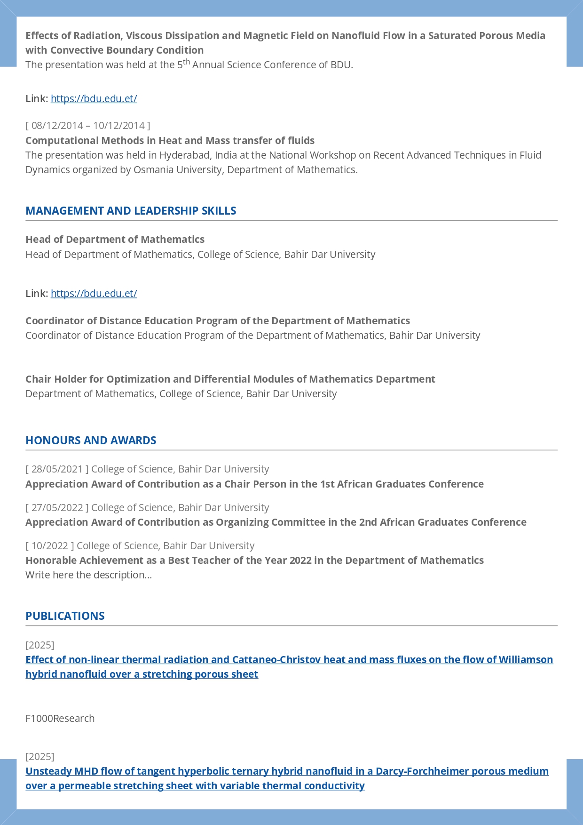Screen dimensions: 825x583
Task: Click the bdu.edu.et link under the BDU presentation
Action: click(x=94, y=99)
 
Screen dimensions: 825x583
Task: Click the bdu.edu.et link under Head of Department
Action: click(x=94, y=294)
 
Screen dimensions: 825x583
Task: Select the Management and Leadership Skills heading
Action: click(x=131, y=211)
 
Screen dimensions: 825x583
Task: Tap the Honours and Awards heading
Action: click(x=91, y=441)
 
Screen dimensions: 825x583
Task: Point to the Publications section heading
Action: click(x=65, y=616)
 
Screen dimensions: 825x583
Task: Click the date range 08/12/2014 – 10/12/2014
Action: click(x=88, y=126)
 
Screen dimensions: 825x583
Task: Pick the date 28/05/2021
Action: click(x=57, y=469)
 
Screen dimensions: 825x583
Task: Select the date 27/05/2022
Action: click(x=57, y=508)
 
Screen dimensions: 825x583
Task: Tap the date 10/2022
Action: click(x=50, y=546)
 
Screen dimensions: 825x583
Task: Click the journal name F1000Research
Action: click(x=60, y=719)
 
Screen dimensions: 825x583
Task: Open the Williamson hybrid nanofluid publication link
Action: click(x=289, y=660)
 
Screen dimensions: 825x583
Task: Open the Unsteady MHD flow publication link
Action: click(x=287, y=771)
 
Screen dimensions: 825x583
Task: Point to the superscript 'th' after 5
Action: click(x=186, y=62)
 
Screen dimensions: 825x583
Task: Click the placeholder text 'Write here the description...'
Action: click(x=88, y=575)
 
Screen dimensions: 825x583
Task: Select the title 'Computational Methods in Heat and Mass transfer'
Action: click(x=170, y=141)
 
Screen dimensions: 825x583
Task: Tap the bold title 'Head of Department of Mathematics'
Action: click(x=115, y=240)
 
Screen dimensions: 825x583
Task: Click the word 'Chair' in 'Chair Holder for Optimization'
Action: click(x=39, y=379)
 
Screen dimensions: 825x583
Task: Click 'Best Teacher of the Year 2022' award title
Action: click(x=254, y=561)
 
